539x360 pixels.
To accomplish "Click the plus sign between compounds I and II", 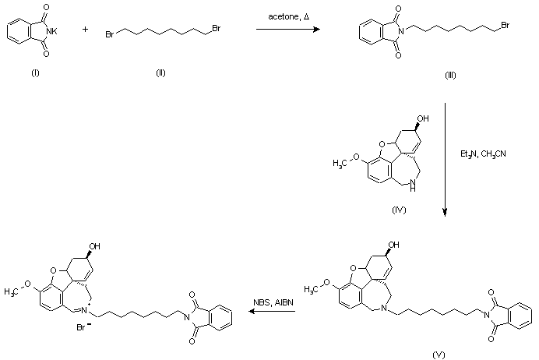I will click(x=85, y=30).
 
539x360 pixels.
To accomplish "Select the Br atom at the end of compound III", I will click(x=506, y=26).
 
